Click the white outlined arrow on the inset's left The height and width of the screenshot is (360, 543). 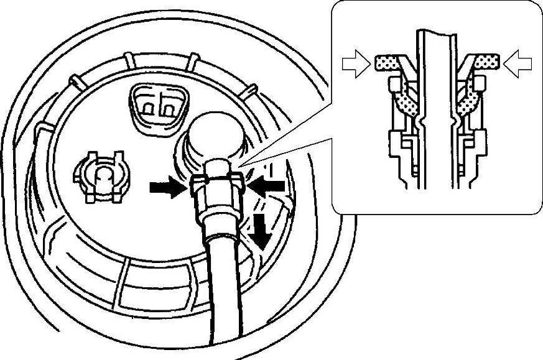pos(356,64)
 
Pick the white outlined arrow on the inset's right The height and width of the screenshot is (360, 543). pos(518,63)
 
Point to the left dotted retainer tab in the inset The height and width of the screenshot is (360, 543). pos(390,62)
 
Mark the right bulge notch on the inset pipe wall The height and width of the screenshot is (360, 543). pos(452,118)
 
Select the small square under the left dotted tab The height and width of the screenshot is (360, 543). pos(393,82)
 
